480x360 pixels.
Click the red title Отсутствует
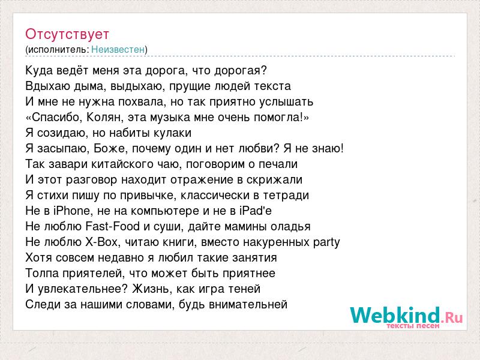(x=67, y=34)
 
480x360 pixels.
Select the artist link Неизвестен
(x=118, y=49)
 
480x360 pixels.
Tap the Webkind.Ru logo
(x=407, y=317)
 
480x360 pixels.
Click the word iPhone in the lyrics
(x=71, y=211)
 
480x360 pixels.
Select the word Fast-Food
(x=112, y=226)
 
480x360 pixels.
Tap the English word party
(x=326, y=242)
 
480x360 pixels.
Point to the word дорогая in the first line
(x=241, y=71)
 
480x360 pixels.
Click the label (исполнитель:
(x=57, y=50)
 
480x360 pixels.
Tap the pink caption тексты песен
(x=413, y=326)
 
